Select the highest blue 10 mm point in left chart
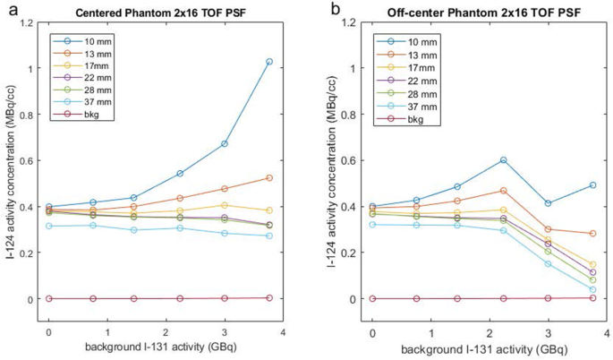point(268,62)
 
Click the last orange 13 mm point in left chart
point(268,178)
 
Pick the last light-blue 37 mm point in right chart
point(592,290)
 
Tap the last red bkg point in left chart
point(268,298)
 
